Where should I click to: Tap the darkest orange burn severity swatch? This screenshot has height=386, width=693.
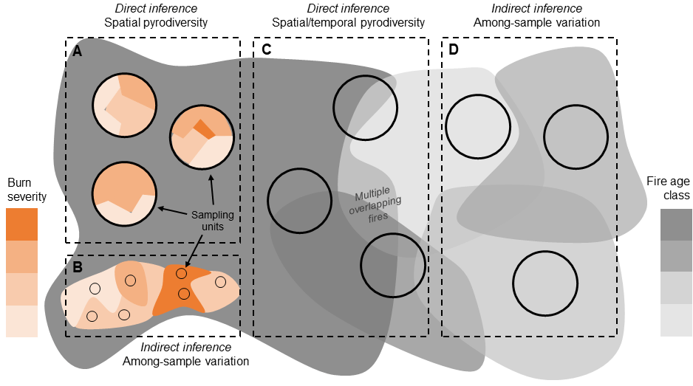(21, 224)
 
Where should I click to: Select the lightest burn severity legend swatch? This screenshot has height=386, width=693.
(21, 321)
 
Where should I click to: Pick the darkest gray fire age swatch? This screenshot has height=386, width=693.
(676, 224)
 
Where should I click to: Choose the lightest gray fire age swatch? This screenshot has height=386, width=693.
(676, 320)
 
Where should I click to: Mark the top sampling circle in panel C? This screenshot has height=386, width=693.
(364, 106)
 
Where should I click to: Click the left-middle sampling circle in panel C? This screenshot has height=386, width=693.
(299, 201)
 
